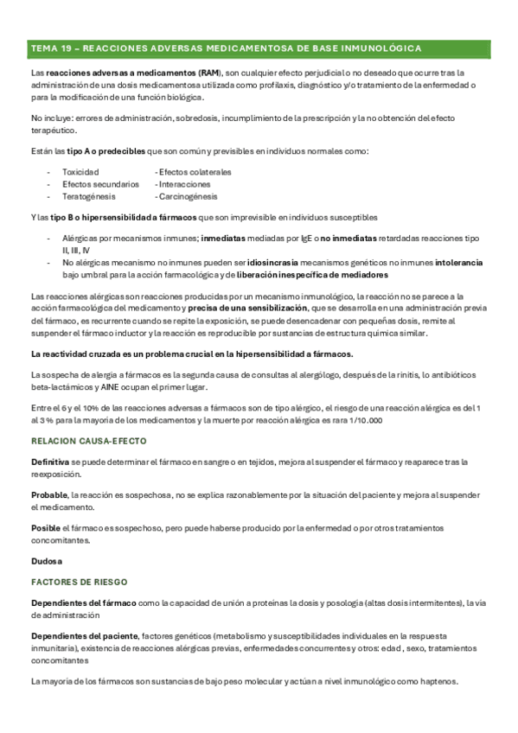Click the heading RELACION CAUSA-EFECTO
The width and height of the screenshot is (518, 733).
[88, 441]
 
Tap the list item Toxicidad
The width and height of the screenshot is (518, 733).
[80, 172]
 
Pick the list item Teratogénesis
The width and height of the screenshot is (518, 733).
[89, 196]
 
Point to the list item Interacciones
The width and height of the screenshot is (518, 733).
[182, 184]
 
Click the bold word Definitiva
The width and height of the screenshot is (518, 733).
[50, 463]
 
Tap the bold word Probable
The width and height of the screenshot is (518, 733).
[49, 495]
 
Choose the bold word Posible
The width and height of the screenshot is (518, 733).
[46, 527]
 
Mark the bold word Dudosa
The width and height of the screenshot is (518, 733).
[45, 560]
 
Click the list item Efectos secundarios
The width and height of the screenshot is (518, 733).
[100, 184]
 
